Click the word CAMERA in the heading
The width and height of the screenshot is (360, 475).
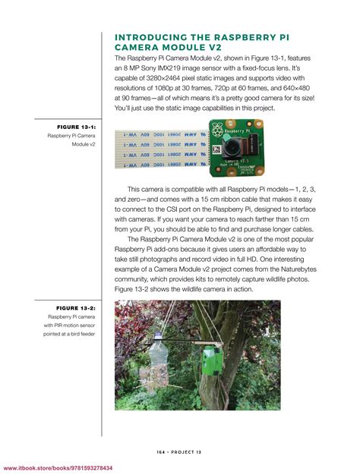(138, 47)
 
